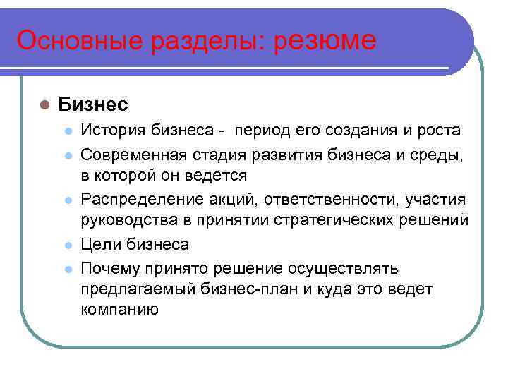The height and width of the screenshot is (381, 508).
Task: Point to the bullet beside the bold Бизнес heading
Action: click(43, 105)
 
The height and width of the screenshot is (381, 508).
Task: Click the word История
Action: click(111, 131)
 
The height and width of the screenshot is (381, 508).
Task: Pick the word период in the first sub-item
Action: click(263, 131)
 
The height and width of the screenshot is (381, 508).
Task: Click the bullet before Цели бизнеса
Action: click(67, 244)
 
